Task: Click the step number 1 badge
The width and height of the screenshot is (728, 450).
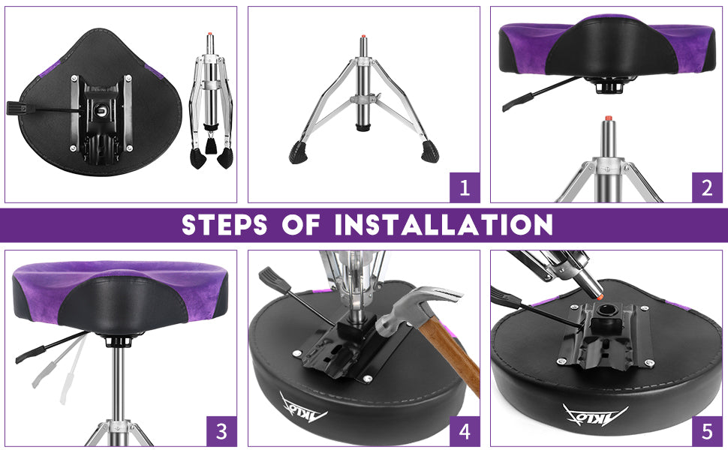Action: tap(465, 187)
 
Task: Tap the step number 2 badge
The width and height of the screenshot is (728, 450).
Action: tap(707, 187)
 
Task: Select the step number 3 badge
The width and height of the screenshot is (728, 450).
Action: tap(221, 431)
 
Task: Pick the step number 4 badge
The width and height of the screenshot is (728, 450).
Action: tap(465, 431)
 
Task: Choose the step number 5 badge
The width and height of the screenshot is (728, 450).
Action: tap(707, 431)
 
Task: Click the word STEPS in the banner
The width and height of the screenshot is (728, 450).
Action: tap(224, 225)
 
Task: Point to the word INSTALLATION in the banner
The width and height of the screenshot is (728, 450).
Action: tap(444, 225)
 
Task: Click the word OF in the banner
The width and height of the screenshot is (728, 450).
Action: tap(301, 225)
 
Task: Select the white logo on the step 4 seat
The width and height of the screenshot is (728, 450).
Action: tap(304, 408)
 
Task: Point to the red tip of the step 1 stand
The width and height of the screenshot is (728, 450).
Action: tap(362, 36)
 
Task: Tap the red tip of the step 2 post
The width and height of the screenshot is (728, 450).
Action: tap(607, 118)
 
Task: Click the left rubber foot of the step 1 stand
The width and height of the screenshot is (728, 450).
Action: tap(299, 153)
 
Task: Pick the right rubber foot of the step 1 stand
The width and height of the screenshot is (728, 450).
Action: tap(430, 151)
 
